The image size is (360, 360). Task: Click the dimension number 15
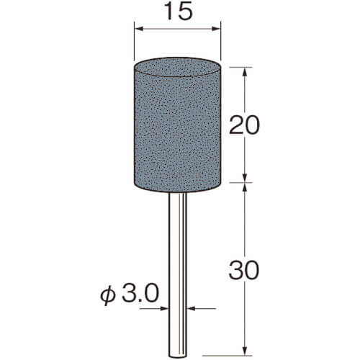tap(180, 12)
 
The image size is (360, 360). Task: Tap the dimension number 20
tap(244, 125)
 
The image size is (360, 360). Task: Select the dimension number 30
tap(244, 271)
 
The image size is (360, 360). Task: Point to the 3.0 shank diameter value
tap(140, 293)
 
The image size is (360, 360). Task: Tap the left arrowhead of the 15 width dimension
tap(139, 29)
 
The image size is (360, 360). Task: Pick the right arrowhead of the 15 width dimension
tap(216, 29)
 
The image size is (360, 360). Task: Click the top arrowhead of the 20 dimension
tap(245, 72)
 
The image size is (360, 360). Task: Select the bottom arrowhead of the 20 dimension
tap(245, 178)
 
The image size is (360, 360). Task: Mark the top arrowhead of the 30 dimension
tap(245, 187)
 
